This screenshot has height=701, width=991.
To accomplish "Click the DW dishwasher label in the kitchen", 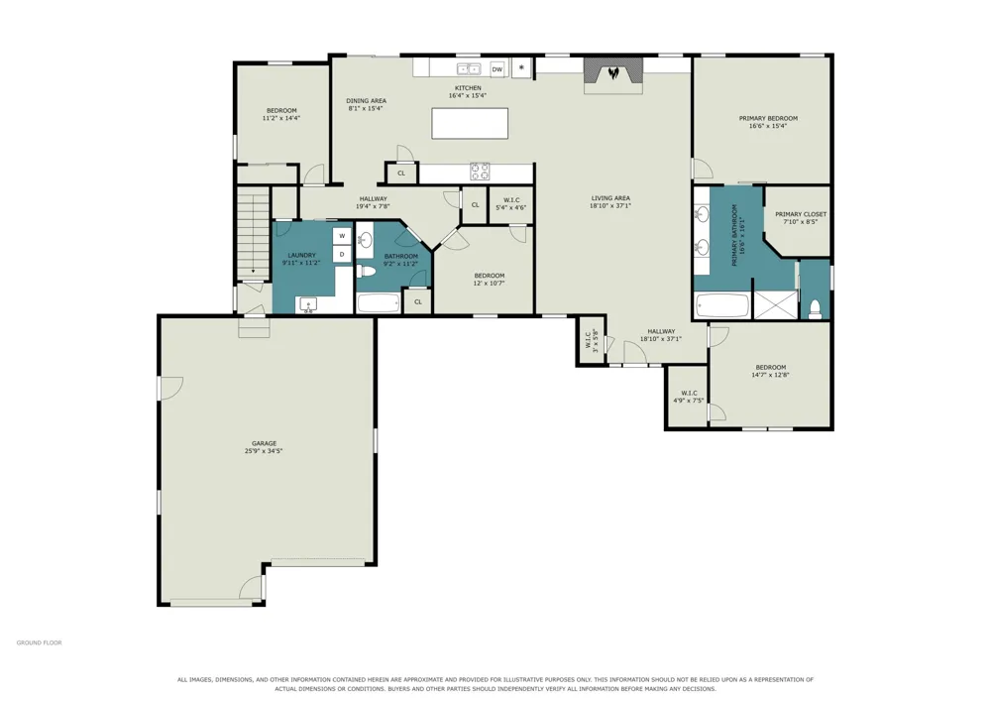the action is click(497, 69).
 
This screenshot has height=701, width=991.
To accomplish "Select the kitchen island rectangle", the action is click(470, 123).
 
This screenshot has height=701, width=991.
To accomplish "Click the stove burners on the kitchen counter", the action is click(479, 172).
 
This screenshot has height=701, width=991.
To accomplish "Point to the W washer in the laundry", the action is click(342, 236).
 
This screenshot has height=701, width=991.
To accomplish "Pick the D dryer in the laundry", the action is click(342, 255).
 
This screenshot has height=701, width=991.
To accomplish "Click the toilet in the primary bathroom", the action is click(816, 308).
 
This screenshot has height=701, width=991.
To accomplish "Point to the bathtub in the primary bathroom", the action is click(721, 306).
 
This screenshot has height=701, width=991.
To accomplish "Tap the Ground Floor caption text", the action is click(40, 643).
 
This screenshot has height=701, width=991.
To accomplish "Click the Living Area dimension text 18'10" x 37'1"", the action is click(610, 205).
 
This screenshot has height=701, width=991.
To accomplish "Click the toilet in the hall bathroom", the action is click(366, 272).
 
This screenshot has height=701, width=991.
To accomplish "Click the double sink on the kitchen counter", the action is click(469, 68).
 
